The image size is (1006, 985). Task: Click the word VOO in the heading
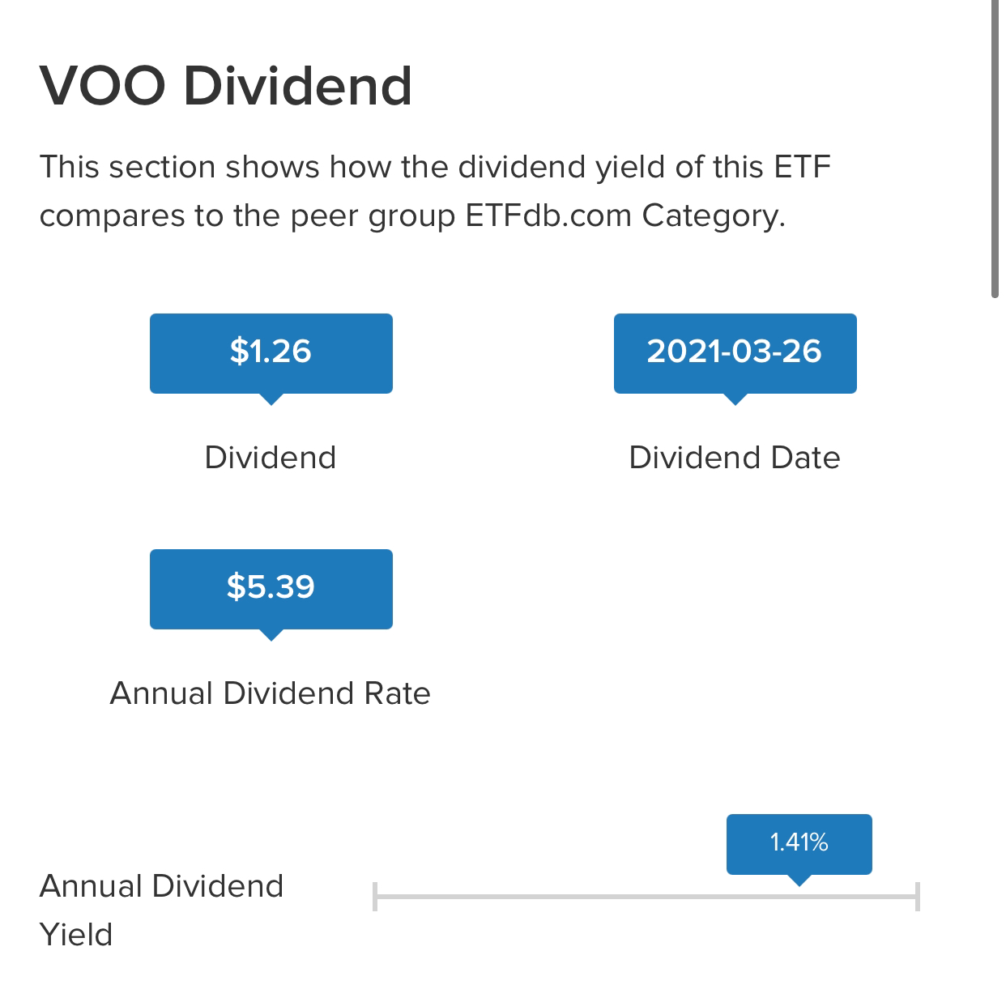(x=103, y=86)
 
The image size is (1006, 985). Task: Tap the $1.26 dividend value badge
(x=271, y=353)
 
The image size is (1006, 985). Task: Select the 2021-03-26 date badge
(x=735, y=353)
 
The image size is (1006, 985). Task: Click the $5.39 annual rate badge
(x=271, y=589)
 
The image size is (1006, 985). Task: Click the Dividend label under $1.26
(x=271, y=458)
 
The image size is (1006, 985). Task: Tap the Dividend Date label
(x=735, y=458)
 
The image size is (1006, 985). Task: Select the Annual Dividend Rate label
(x=271, y=693)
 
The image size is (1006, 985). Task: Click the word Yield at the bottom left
(x=76, y=934)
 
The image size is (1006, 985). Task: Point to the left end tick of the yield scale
(x=375, y=896)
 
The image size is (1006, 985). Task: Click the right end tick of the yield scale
(x=917, y=896)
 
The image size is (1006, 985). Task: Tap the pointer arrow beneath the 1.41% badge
(x=799, y=880)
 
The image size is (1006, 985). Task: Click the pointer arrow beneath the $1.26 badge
(x=271, y=399)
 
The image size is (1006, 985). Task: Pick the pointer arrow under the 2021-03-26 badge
(x=735, y=399)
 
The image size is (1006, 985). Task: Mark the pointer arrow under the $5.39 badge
(x=271, y=635)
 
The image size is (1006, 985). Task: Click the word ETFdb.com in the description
(x=548, y=215)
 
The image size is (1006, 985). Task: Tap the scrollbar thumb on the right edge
(x=995, y=149)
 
